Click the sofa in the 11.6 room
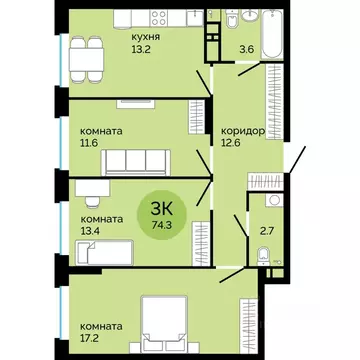click(134, 158)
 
